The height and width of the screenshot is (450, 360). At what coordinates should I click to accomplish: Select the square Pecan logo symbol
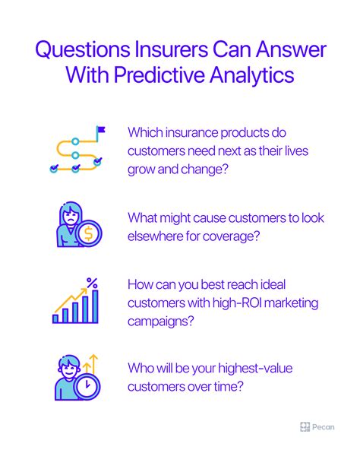click(x=305, y=427)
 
